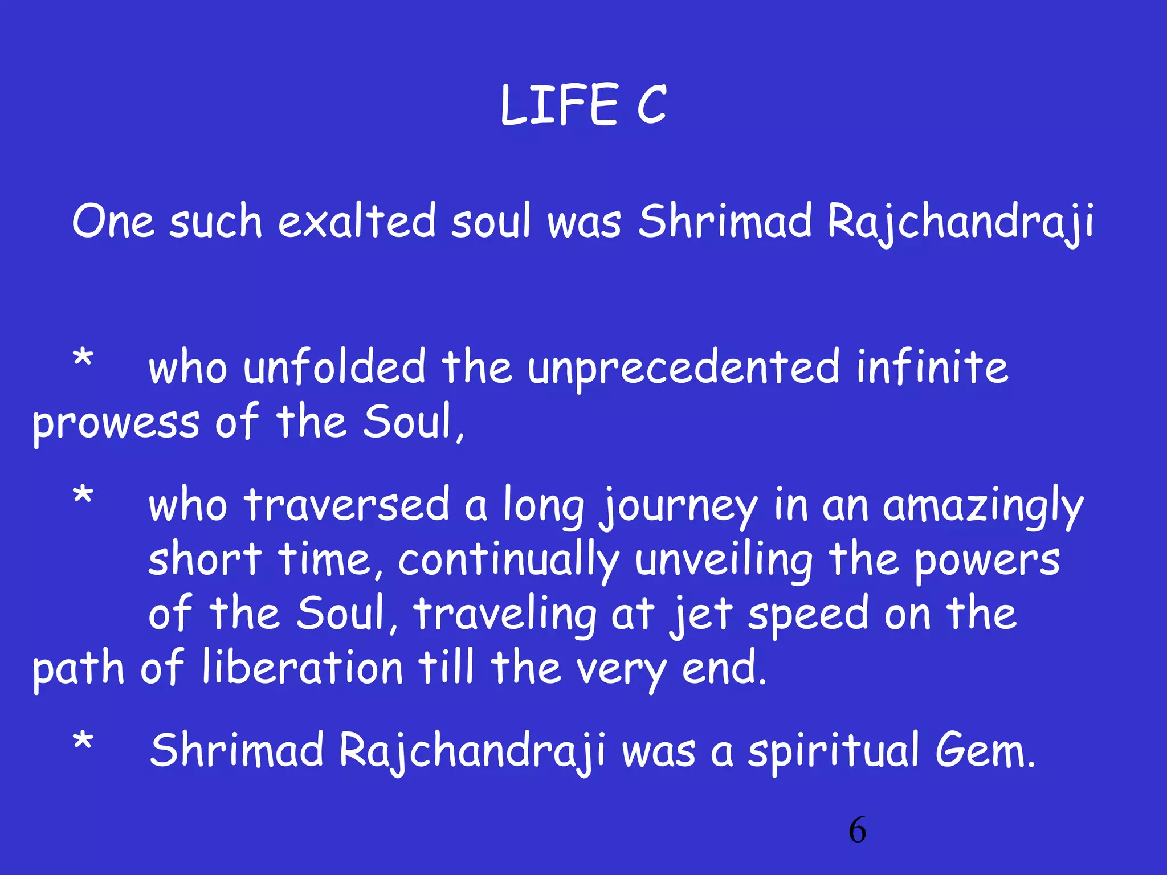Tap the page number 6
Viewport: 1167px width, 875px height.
[x=857, y=830]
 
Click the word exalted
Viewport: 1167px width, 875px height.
[x=357, y=220]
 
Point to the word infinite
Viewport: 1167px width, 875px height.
[x=932, y=367]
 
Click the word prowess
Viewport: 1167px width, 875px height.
[x=116, y=424]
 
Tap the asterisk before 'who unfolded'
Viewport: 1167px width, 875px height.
[x=83, y=360]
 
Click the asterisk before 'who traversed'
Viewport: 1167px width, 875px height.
[x=83, y=496]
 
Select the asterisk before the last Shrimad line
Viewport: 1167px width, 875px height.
[x=83, y=743]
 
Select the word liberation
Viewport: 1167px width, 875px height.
[x=303, y=668]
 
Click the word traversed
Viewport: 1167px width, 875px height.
[x=346, y=506]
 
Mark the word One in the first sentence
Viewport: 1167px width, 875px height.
[x=113, y=221]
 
